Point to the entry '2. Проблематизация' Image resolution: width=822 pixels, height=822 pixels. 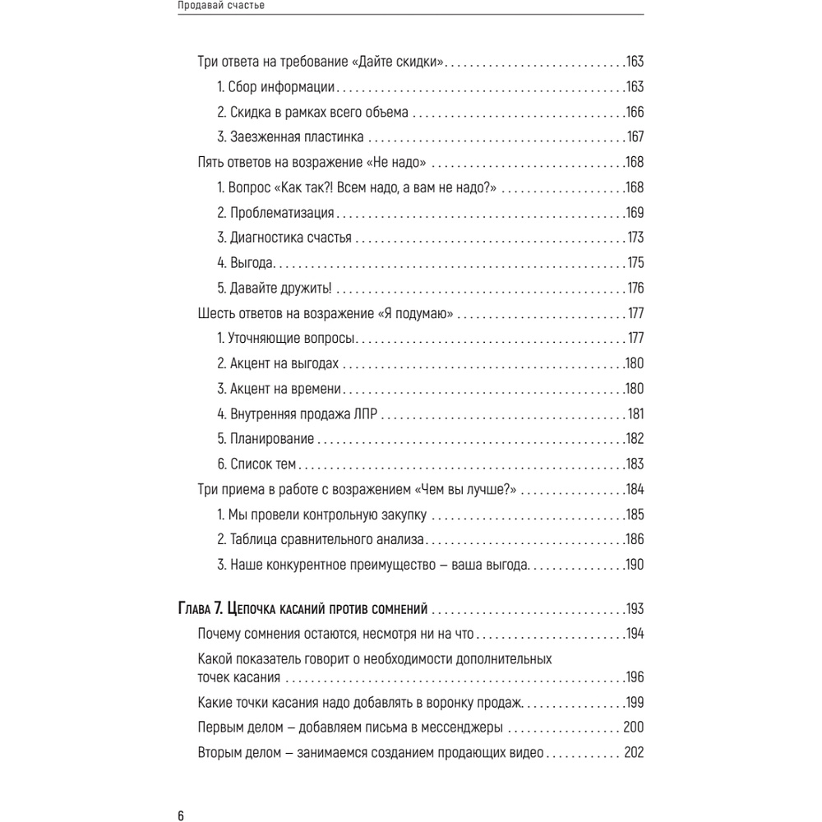tap(275, 213)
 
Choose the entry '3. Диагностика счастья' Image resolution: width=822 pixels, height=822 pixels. tap(284, 238)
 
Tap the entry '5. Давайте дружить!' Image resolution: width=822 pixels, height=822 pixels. tap(274, 289)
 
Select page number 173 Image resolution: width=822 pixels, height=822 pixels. tap(634, 238)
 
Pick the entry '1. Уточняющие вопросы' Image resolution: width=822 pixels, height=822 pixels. tap(286, 339)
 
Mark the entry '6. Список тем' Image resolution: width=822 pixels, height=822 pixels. tap(256, 464)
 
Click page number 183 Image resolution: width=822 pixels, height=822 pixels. tap(634, 464)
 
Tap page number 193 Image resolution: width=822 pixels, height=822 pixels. tap(634, 609)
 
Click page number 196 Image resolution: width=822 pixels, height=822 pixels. tap(634, 677)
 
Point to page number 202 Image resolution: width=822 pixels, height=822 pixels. tap(632, 753)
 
